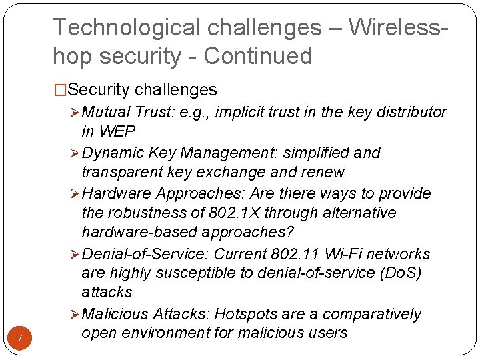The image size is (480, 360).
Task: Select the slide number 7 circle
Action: tap(20, 339)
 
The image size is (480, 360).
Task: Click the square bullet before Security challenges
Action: tap(60, 90)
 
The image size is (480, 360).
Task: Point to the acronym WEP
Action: tap(117, 131)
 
